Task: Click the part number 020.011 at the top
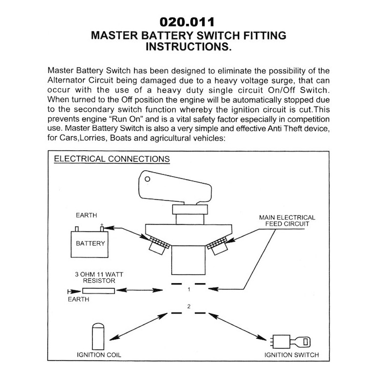click(187, 22)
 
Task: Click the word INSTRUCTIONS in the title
click(188, 48)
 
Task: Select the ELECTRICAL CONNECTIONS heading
click(112, 160)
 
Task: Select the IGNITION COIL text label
click(99, 355)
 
